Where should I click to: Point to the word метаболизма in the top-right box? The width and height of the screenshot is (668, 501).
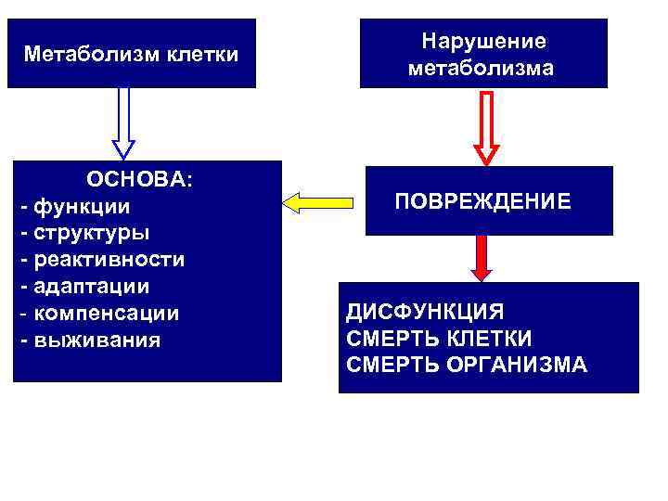coord(483,69)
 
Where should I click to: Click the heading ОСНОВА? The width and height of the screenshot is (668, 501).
coord(140,179)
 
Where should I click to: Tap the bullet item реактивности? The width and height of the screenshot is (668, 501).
coord(109,259)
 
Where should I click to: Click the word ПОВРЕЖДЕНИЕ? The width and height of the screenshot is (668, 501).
coord(482,201)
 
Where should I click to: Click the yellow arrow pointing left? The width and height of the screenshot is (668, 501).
coord(318,201)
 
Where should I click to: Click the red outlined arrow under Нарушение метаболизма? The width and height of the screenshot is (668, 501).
coord(486,127)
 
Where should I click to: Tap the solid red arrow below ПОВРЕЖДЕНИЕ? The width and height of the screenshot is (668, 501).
coord(481,258)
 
